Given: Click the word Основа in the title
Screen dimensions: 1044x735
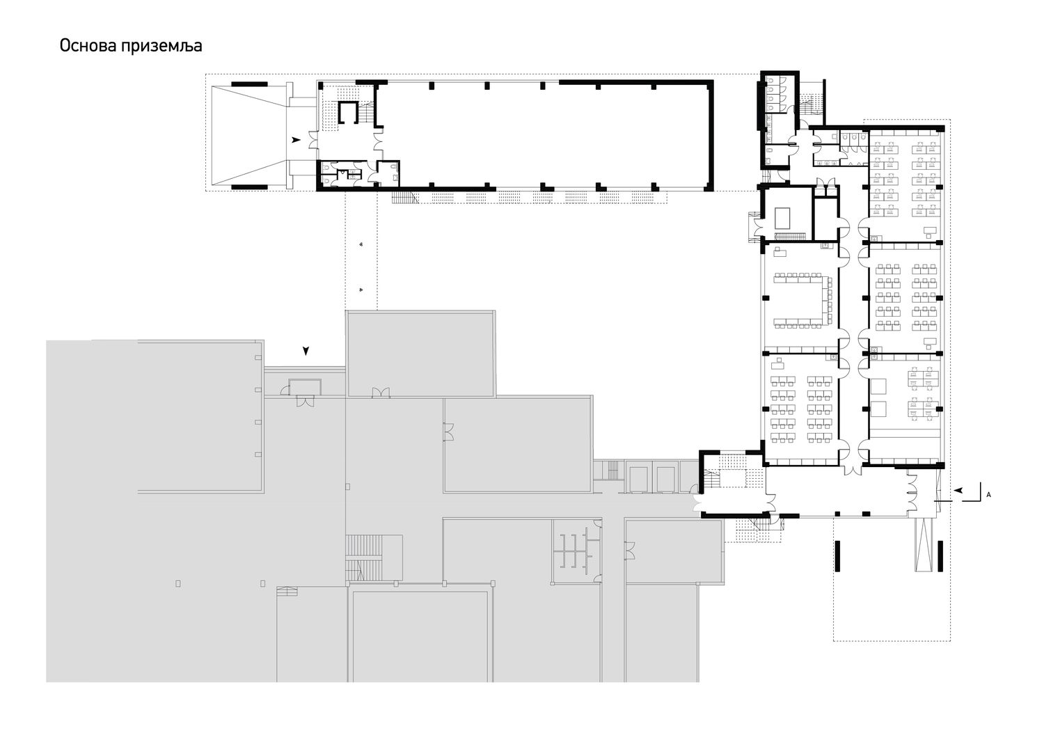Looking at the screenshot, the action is [x=87, y=46].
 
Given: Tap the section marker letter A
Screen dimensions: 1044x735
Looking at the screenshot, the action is [x=988, y=495].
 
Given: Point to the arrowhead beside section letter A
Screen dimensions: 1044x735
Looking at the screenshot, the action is [x=958, y=490].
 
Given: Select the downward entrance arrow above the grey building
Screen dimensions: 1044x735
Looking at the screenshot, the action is [x=306, y=351].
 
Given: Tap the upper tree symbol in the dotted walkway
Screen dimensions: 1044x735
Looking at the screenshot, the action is [x=361, y=244].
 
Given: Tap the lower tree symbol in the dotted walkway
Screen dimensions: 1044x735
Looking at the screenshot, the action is [x=361, y=290].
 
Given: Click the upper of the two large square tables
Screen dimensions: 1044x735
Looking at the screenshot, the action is [x=878, y=386].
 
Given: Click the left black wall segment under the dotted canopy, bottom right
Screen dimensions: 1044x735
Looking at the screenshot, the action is [x=837, y=562].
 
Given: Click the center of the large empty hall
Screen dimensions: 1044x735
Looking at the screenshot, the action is [x=544, y=136].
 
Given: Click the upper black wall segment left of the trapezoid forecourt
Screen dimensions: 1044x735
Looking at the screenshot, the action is [x=249, y=84].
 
